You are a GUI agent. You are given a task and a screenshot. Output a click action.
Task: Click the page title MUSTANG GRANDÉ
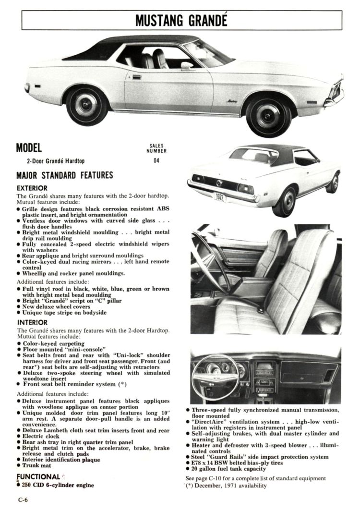[x=181, y=21]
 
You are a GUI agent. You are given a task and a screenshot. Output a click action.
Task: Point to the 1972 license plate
[x=219, y=196]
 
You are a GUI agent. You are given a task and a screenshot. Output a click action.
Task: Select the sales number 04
[x=156, y=161]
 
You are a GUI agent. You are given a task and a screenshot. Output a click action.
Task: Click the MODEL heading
[x=29, y=148]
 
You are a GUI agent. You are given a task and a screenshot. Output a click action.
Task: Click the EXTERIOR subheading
[x=32, y=188]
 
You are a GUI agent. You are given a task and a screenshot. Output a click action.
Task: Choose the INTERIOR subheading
[x=32, y=323]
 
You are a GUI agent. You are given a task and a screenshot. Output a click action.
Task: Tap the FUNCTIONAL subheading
[x=38, y=476]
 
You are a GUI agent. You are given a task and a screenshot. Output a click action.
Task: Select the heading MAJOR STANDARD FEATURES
[x=65, y=175]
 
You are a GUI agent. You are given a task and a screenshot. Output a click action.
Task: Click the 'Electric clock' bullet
[x=40, y=437]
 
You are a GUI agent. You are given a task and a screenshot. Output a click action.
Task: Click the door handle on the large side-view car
[x=136, y=77]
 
